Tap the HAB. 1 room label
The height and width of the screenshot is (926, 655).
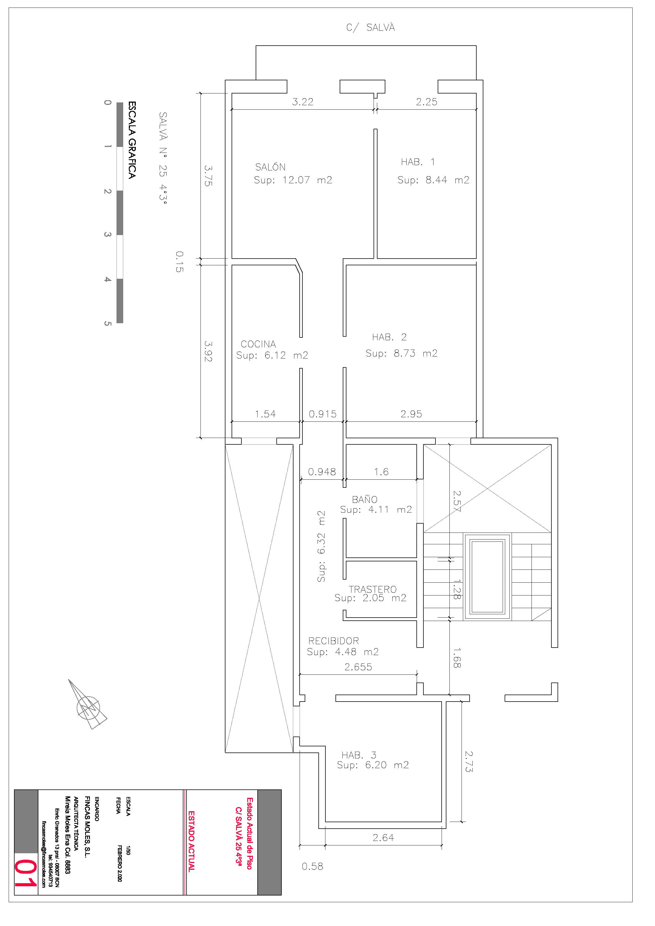418,162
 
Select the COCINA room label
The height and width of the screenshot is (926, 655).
258,344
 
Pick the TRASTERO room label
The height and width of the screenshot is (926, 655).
372,589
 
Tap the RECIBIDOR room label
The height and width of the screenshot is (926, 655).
333,641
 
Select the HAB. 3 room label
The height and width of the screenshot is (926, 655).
359,754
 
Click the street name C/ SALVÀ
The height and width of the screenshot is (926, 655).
370,27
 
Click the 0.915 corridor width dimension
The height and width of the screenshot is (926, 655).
322,414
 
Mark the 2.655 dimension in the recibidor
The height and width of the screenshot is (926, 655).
358,667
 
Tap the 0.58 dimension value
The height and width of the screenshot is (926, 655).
312,866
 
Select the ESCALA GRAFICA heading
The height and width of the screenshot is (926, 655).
132,140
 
